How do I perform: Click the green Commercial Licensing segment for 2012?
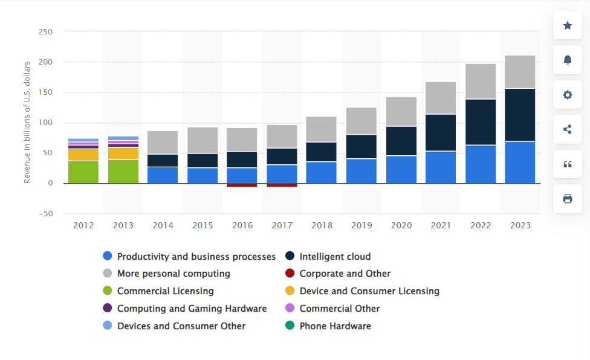83,172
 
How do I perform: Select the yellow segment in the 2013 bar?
123,153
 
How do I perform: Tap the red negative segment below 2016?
242,185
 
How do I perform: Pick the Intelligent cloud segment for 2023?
520,115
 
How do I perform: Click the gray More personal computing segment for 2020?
401,112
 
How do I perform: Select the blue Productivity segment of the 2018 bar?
322,172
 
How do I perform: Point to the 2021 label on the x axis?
441,225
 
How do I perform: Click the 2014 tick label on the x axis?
163,225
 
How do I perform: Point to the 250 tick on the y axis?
45,31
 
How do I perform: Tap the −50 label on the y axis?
45,213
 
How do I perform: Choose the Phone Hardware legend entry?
335,326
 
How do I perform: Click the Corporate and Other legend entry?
345,274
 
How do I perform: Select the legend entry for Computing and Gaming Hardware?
191,309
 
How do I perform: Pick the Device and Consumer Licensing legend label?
369,291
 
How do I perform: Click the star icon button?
568,25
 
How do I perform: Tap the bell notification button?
568,60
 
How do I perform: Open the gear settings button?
568,95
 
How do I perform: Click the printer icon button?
568,199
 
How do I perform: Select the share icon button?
568,129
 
